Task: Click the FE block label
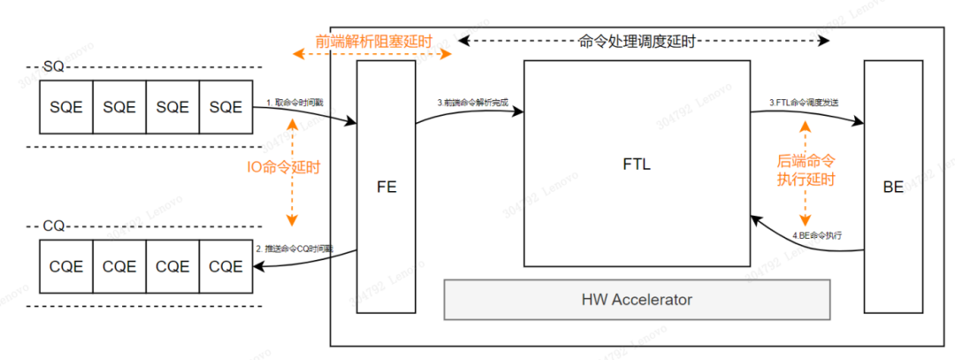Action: (x=386, y=188)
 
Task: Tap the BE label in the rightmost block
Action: (x=893, y=188)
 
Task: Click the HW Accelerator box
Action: (x=637, y=299)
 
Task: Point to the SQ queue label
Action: (x=53, y=67)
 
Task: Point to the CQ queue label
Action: (x=53, y=226)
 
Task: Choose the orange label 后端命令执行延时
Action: (x=805, y=170)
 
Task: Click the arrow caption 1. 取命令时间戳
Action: (x=294, y=103)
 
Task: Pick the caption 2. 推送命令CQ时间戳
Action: (x=294, y=249)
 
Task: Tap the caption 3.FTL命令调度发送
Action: (x=803, y=103)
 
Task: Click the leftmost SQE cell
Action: (x=66, y=107)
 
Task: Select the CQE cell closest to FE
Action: (x=225, y=265)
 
